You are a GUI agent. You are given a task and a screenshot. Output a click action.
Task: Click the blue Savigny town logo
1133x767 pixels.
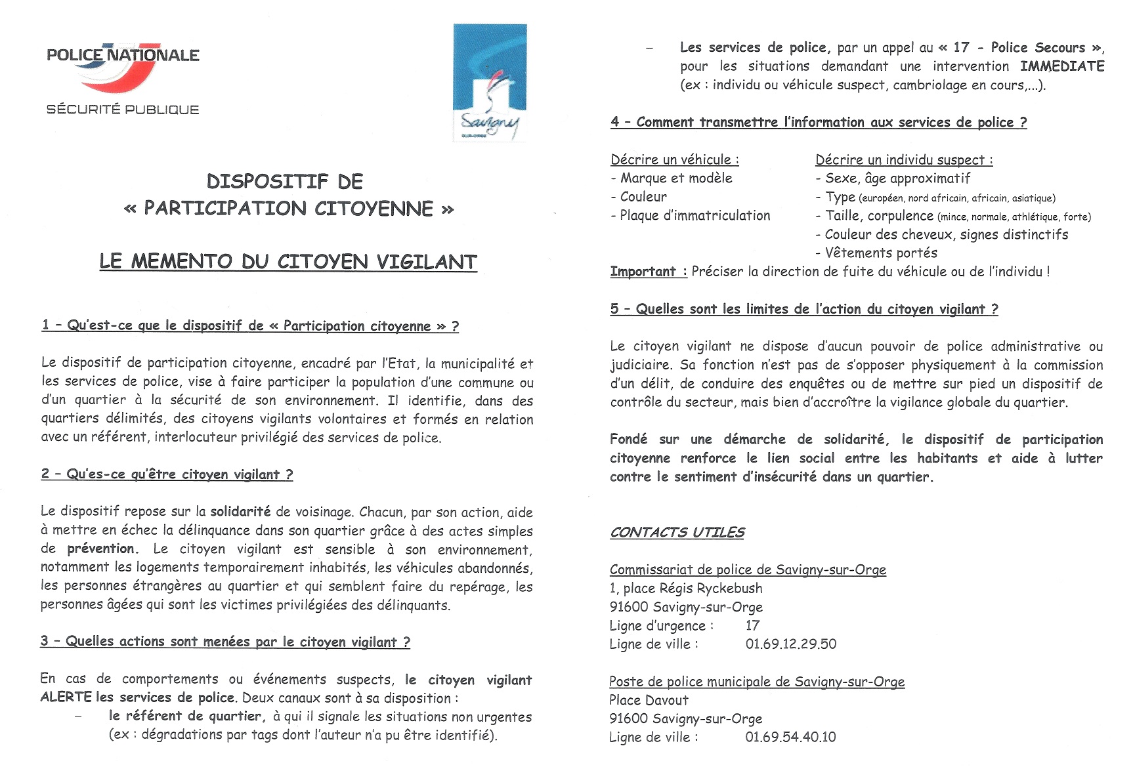click(490, 82)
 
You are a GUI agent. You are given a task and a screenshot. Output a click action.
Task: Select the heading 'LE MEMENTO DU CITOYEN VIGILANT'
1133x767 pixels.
click(288, 261)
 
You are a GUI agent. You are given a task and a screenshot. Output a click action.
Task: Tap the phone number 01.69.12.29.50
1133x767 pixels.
click(791, 644)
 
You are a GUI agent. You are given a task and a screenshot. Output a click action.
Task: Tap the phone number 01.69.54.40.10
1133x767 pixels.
click(790, 737)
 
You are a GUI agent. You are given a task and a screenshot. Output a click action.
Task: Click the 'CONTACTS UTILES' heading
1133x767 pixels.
click(677, 532)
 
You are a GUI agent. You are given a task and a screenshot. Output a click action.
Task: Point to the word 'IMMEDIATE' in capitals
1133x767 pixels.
click(1062, 66)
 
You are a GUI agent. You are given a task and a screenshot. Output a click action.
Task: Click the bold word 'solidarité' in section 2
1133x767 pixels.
click(240, 512)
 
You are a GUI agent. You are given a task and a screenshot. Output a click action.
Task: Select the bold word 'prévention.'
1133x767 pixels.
click(102, 549)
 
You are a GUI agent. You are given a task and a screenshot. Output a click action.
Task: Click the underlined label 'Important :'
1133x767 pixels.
click(648, 272)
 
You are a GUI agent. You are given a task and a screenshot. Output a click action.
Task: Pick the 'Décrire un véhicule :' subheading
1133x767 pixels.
click(675, 159)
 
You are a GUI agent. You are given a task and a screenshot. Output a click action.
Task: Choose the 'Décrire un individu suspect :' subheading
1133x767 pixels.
click(904, 159)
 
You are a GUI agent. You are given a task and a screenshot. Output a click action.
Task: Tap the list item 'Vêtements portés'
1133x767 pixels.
click(881, 253)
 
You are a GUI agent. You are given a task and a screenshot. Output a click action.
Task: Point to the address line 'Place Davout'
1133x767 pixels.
click(649, 700)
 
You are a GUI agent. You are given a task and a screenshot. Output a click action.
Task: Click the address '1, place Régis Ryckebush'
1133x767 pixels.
click(686, 588)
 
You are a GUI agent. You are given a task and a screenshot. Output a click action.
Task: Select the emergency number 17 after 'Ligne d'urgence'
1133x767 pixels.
click(752, 625)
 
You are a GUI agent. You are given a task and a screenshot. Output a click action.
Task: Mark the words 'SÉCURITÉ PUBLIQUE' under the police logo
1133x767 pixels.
click(123, 110)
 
